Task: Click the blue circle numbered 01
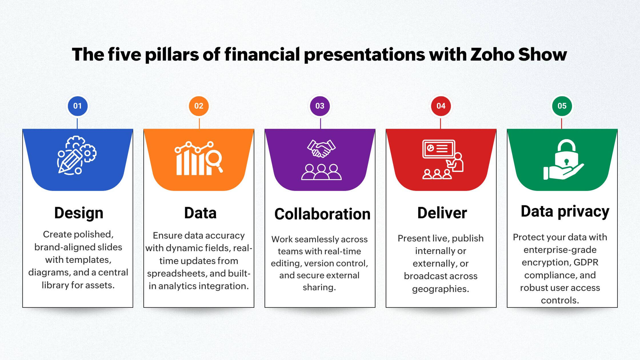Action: (x=77, y=106)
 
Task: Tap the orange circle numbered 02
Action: (x=199, y=106)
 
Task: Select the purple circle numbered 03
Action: (x=320, y=106)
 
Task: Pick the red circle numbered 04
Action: (x=441, y=106)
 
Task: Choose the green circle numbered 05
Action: (x=562, y=106)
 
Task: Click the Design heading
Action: (x=79, y=213)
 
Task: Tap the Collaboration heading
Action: (x=322, y=214)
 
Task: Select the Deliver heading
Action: (x=442, y=213)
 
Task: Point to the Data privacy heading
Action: (x=565, y=212)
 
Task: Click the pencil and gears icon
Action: (x=77, y=155)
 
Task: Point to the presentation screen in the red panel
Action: (x=439, y=149)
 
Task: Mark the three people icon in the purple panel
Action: (x=321, y=172)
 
